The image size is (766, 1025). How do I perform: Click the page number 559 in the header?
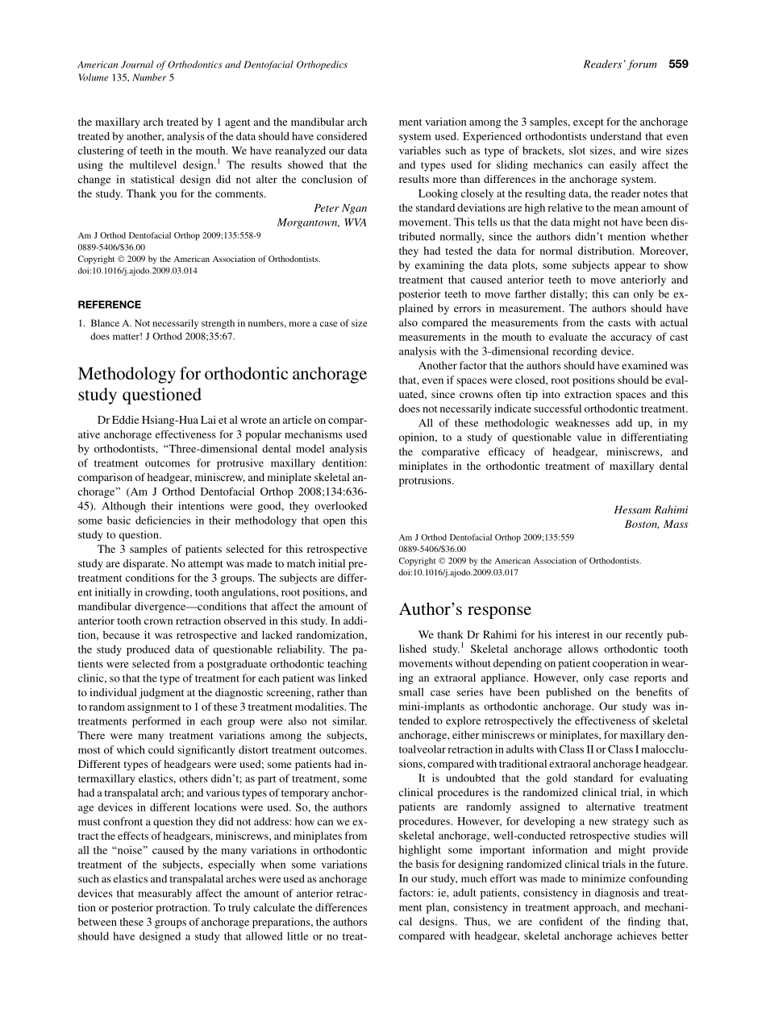coord(678,64)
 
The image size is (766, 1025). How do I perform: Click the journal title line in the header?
coord(212,64)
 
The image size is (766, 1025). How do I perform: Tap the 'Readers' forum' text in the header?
coord(619,64)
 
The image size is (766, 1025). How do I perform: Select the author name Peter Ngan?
coord(339,208)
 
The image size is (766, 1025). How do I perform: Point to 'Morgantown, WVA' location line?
coord(322,222)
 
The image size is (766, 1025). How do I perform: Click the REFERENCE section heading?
coord(109,305)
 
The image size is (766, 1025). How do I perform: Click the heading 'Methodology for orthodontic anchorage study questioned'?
coord(222,384)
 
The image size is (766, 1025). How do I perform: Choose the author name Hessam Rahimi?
coord(651,509)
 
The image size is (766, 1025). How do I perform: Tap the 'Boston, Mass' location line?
coord(656,523)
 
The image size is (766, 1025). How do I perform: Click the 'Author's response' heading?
coord(465,609)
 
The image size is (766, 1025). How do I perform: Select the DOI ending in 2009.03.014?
coord(137,271)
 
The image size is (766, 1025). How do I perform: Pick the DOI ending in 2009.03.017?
coord(459,572)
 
